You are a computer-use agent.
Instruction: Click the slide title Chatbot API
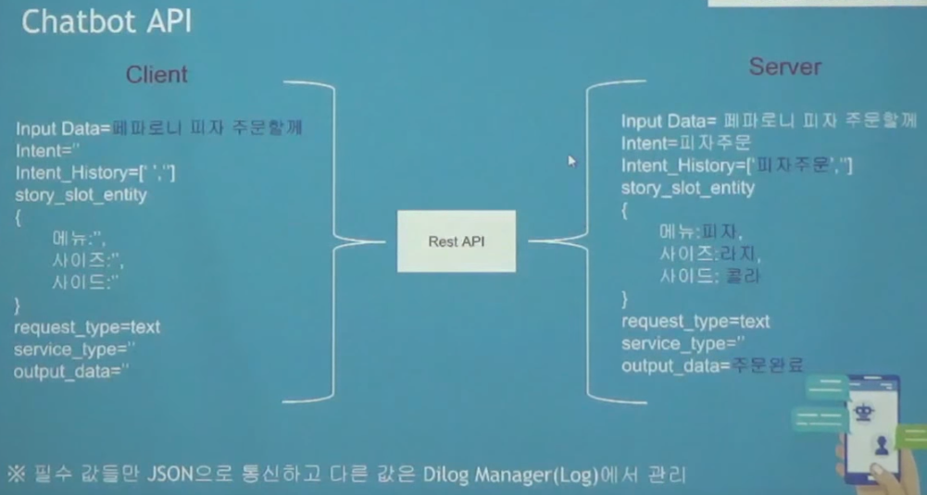106,22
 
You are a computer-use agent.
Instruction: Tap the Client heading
157,75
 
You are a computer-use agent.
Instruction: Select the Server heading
784,67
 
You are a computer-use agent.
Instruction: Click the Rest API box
457,241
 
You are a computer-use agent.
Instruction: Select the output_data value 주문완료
767,365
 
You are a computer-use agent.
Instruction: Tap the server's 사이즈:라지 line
701,253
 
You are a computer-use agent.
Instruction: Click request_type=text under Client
87,328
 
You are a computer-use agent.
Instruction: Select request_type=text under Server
695,322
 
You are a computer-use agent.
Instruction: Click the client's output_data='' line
70,371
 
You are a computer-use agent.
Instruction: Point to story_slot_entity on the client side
81,194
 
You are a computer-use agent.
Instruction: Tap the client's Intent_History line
95,172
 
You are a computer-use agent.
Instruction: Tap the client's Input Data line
158,128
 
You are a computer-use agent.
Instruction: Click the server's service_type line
686,344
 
